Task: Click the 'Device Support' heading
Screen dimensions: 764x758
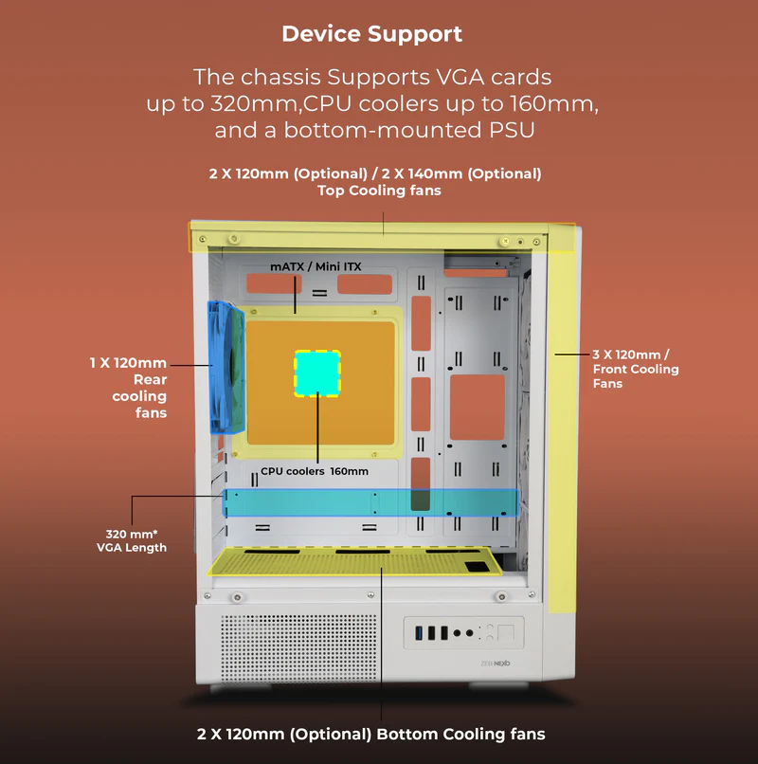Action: [x=371, y=35]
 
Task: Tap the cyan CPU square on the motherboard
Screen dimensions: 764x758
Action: [x=316, y=373]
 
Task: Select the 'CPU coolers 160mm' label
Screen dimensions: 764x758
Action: [x=315, y=471]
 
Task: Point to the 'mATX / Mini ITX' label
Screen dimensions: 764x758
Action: [x=316, y=266]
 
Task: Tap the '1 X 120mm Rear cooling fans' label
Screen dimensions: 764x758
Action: [x=128, y=388]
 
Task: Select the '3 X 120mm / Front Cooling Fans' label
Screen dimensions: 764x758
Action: [x=636, y=369]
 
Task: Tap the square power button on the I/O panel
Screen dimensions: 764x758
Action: [x=506, y=631]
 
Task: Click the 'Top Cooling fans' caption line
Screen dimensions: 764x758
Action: [x=379, y=191]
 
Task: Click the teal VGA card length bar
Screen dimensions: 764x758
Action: [x=370, y=503]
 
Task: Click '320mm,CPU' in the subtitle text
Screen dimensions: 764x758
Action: [x=255, y=102]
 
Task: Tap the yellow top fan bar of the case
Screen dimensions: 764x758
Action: [x=379, y=235]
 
